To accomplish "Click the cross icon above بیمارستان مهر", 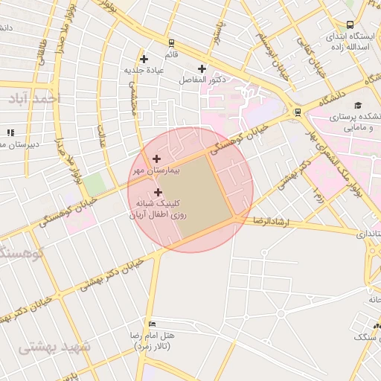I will click(x=156, y=159).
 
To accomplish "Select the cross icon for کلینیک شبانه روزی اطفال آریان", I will click(x=158, y=193).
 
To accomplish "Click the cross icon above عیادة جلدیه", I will click(x=144, y=59).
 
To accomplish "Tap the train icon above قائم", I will click(x=172, y=43).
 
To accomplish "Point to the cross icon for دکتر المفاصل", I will click(x=202, y=69).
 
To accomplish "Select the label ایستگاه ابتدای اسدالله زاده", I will click(x=350, y=42).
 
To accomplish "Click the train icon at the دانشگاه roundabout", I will click(x=298, y=112).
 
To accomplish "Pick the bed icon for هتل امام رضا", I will click(x=152, y=324).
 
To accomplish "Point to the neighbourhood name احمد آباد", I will click(x=35, y=98).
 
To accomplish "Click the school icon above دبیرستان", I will click(x=10, y=132).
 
